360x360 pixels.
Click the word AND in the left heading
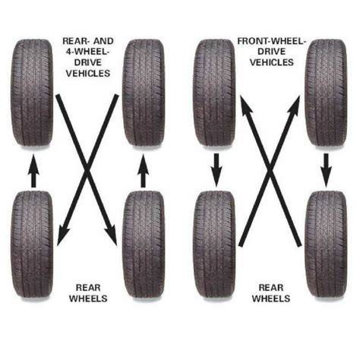coord(103,41)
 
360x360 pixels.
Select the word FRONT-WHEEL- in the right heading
coord(271,41)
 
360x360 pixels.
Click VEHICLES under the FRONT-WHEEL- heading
coord(272,62)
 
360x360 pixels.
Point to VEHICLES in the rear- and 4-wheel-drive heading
coord(88,74)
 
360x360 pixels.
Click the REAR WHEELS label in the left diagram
coord(88,293)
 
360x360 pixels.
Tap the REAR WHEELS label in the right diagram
coord(271,293)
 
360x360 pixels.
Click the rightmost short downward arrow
coord(327,170)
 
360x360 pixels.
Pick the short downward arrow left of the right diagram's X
coord(216,170)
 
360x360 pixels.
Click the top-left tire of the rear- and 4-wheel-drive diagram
coord(32,93)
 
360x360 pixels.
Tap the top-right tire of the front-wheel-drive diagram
coord(326,93)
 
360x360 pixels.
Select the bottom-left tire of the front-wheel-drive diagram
coord(214,244)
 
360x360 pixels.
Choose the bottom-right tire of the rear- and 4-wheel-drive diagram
coord(144,244)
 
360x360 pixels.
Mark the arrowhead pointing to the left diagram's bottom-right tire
coord(112,235)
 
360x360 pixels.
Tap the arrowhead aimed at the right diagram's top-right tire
coord(295,106)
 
